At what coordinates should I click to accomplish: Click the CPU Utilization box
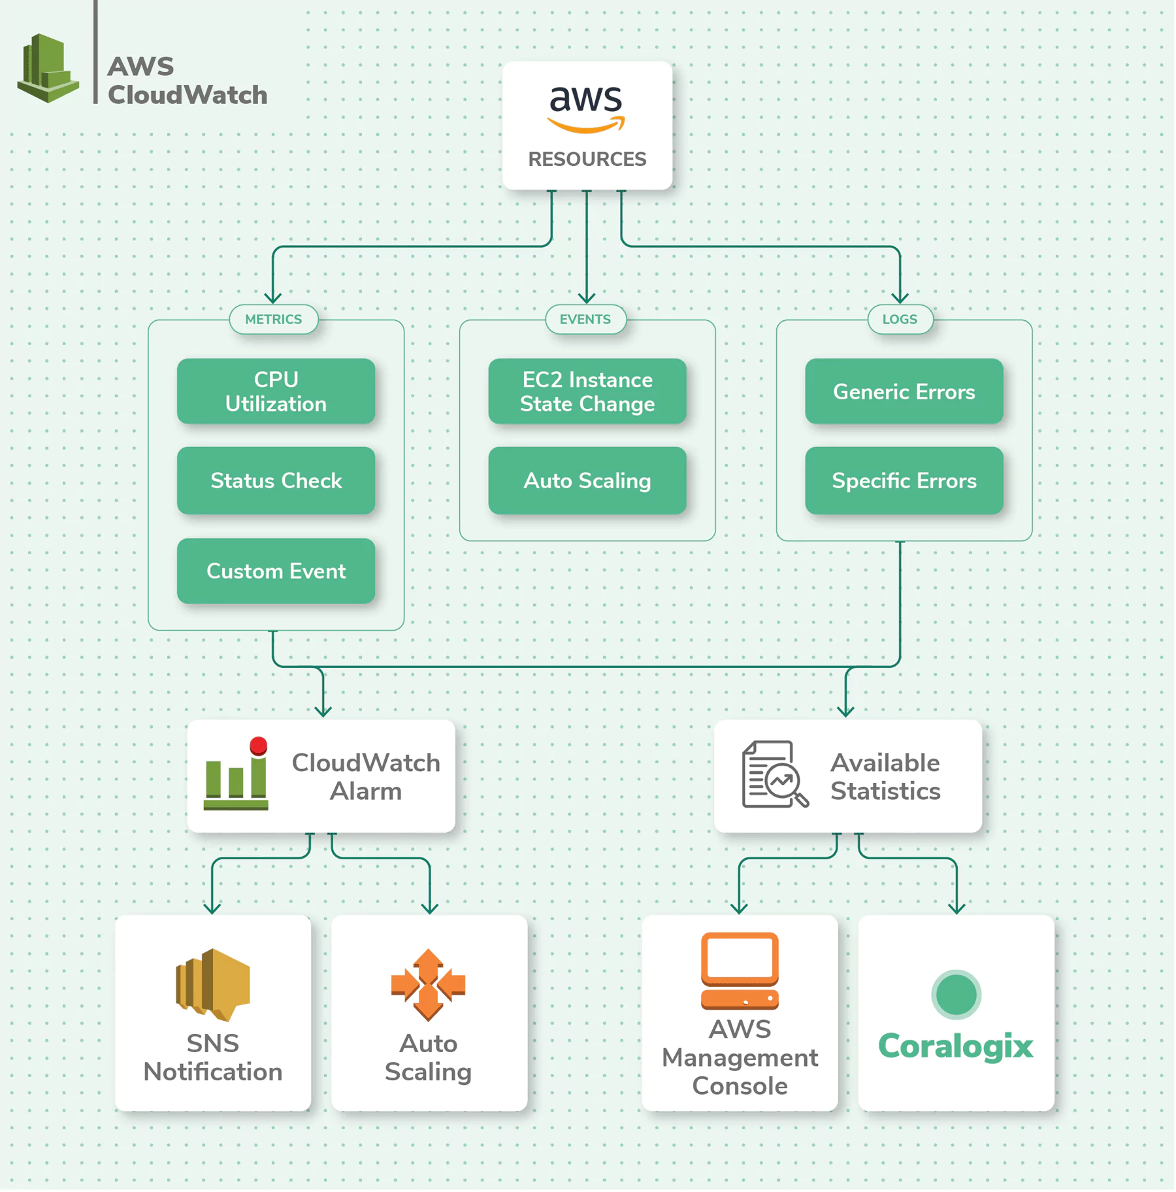point(276,391)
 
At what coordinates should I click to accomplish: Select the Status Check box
point(276,480)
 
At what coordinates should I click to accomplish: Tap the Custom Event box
point(276,571)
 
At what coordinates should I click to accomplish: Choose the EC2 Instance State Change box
point(587,391)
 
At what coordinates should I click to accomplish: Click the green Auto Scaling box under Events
point(587,480)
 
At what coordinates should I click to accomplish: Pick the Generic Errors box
point(904,391)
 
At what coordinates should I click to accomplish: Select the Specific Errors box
point(904,480)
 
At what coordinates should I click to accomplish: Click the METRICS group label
point(274,320)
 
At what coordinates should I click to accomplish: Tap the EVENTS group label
point(585,320)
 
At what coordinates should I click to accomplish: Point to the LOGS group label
point(900,320)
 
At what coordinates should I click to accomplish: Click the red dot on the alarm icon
point(259,746)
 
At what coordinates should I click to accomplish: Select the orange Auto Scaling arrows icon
point(428,985)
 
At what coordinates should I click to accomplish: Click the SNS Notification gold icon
point(213,985)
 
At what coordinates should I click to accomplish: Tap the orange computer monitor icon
point(740,971)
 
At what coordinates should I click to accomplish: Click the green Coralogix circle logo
point(956,995)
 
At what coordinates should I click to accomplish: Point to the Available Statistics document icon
point(775,774)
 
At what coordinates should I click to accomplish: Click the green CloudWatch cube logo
point(48,68)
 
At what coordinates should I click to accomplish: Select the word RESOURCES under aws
point(587,159)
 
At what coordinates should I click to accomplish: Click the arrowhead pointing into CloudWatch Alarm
point(323,711)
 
